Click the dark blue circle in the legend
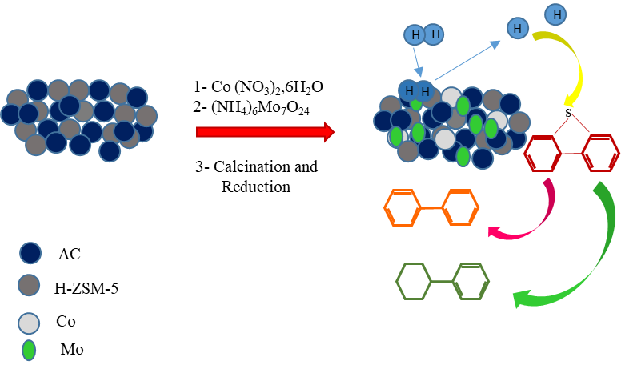[x=30, y=253]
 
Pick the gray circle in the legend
[x=29, y=285]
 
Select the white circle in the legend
[x=29, y=323]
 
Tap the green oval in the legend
[x=29, y=351]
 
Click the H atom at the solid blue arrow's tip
[x=518, y=29]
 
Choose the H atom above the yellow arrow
[x=555, y=14]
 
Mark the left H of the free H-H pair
[x=415, y=35]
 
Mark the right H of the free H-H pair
[x=434, y=34]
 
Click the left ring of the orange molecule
[x=403, y=207]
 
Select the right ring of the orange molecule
[x=461, y=207]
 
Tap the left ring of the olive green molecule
[x=414, y=282]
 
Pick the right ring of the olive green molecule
[x=471, y=282]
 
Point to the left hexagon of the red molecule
[x=543, y=154]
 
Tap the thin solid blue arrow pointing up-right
[x=467, y=61]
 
